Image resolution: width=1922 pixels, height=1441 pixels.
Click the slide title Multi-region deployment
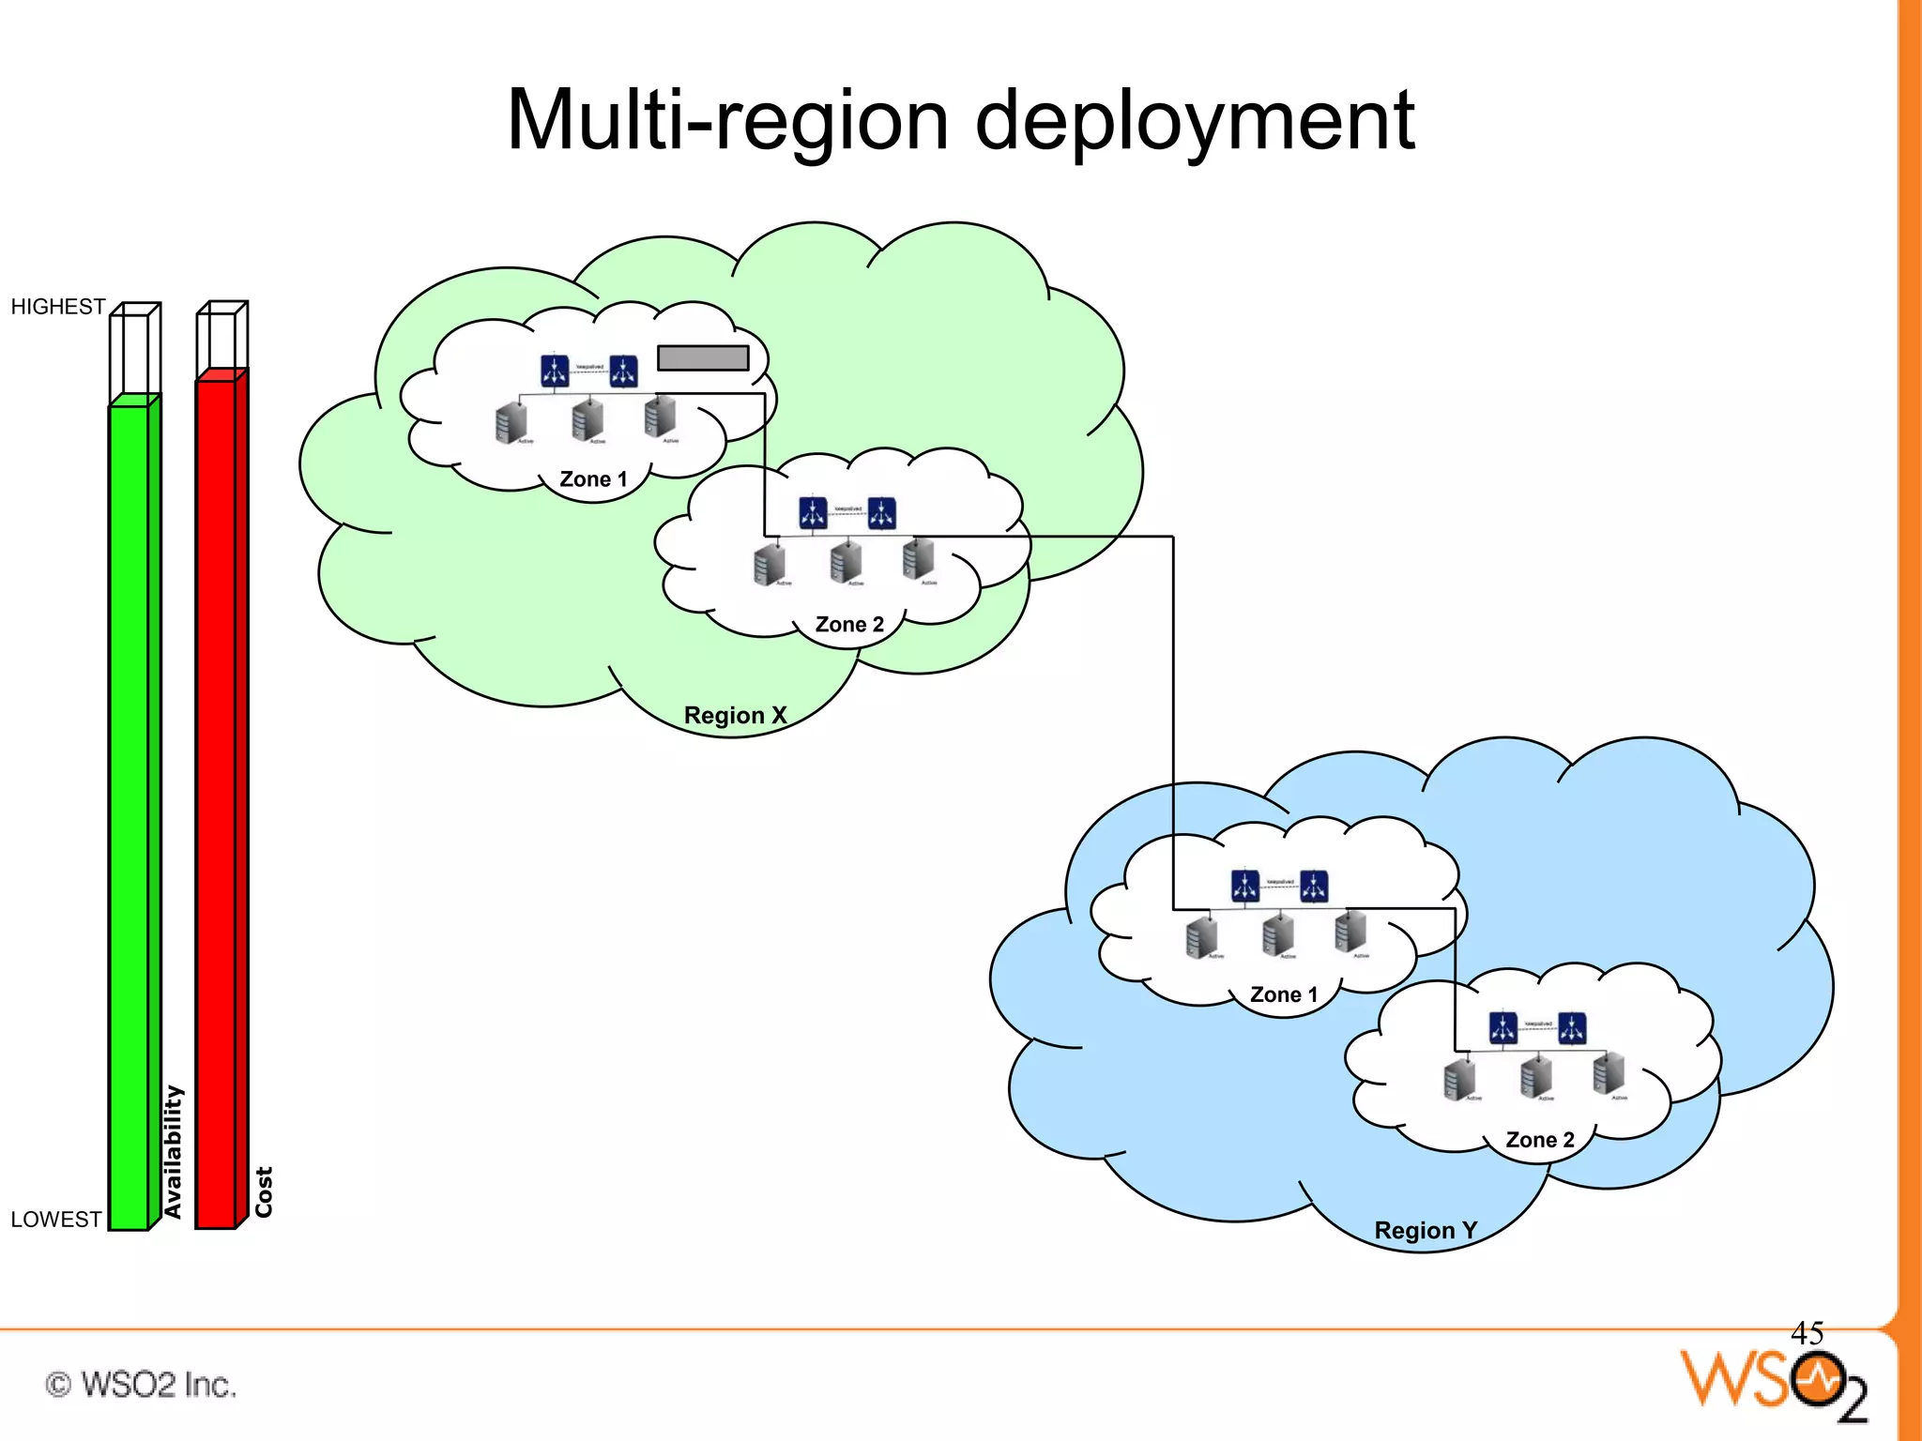point(960,120)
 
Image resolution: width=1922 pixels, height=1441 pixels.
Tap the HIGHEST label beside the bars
point(57,307)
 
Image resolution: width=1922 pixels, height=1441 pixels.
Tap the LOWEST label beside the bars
point(55,1219)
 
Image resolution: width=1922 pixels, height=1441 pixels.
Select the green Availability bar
point(130,816)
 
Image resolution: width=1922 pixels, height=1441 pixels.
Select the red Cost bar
point(217,802)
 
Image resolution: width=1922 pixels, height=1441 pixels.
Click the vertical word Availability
point(173,1151)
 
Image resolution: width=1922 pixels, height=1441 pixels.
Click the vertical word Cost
point(264,1191)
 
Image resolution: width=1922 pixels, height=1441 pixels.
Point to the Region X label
point(735,715)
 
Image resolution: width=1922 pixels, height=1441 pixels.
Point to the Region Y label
point(1425,1230)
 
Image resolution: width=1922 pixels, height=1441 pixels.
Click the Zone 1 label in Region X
point(593,479)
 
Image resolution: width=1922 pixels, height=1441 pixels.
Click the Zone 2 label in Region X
point(849,625)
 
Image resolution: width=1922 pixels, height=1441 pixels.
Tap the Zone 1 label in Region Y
point(1284,994)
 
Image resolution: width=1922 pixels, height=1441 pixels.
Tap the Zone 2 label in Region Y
point(1540,1140)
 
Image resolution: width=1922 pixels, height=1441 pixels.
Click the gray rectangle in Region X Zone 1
point(703,357)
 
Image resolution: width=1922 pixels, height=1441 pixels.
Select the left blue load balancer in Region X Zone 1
point(555,371)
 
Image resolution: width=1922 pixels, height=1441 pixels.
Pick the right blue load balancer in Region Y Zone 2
point(1572,1027)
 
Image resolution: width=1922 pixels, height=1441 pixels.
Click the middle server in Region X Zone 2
point(846,561)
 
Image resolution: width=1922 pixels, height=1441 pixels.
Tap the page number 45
point(1807,1332)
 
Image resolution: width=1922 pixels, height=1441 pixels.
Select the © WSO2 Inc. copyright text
point(141,1384)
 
